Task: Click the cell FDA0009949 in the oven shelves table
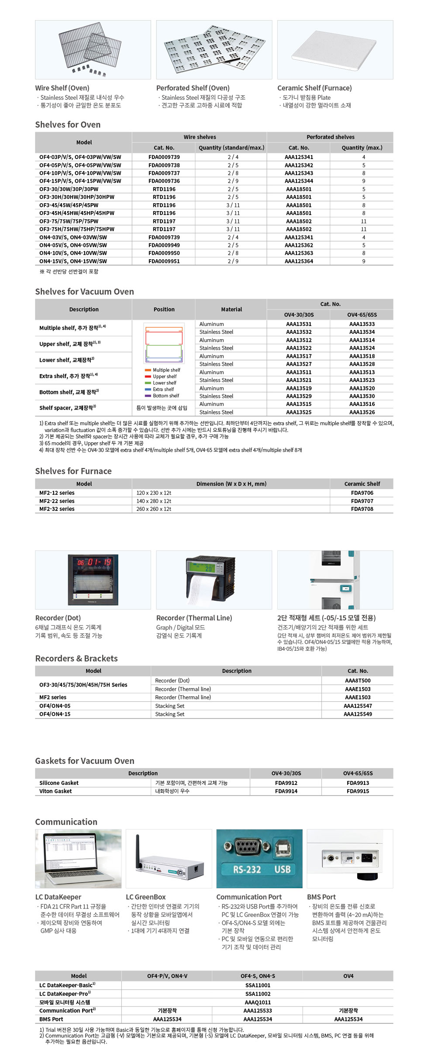tap(164, 245)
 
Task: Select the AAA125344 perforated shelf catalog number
tap(299, 181)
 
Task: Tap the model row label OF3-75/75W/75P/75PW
tap(69, 221)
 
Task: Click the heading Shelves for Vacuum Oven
tap(84, 292)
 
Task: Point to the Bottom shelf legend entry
tap(166, 396)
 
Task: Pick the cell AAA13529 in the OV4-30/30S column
tap(299, 396)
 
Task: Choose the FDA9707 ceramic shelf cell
tap(362, 501)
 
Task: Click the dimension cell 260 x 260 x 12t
tap(154, 509)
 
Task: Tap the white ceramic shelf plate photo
tap(334, 50)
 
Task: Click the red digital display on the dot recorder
tap(93, 562)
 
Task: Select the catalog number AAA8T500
tap(358, 680)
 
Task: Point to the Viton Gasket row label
tap(55, 791)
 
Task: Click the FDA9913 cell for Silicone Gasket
tap(358, 783)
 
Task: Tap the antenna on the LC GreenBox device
tap(138, 850)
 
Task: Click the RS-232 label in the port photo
tap(247, 869)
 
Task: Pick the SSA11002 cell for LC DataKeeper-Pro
tap(258, 994)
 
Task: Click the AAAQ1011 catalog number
tap(258, 1002)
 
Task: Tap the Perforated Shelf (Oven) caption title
tap(193, 88)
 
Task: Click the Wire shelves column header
tap(200, 137)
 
